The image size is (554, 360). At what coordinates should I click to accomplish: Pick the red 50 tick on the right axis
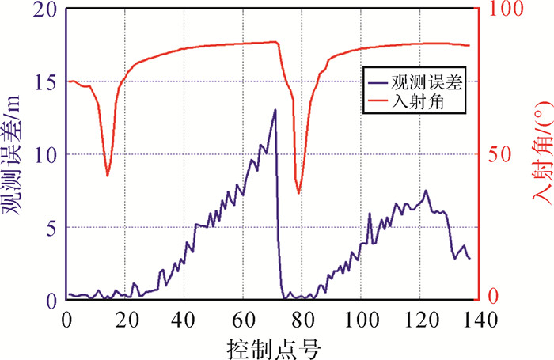(x=497, y=155)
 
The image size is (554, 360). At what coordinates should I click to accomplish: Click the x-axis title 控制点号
(x=272, y=346)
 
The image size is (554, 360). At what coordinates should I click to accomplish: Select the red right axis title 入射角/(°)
(x=538, y=155)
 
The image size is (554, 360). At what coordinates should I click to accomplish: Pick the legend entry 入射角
(x=428, y=102)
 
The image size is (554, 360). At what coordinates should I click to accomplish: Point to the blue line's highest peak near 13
(x=275, y=110)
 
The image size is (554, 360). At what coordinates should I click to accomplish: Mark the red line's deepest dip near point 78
(x=298, y=193)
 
